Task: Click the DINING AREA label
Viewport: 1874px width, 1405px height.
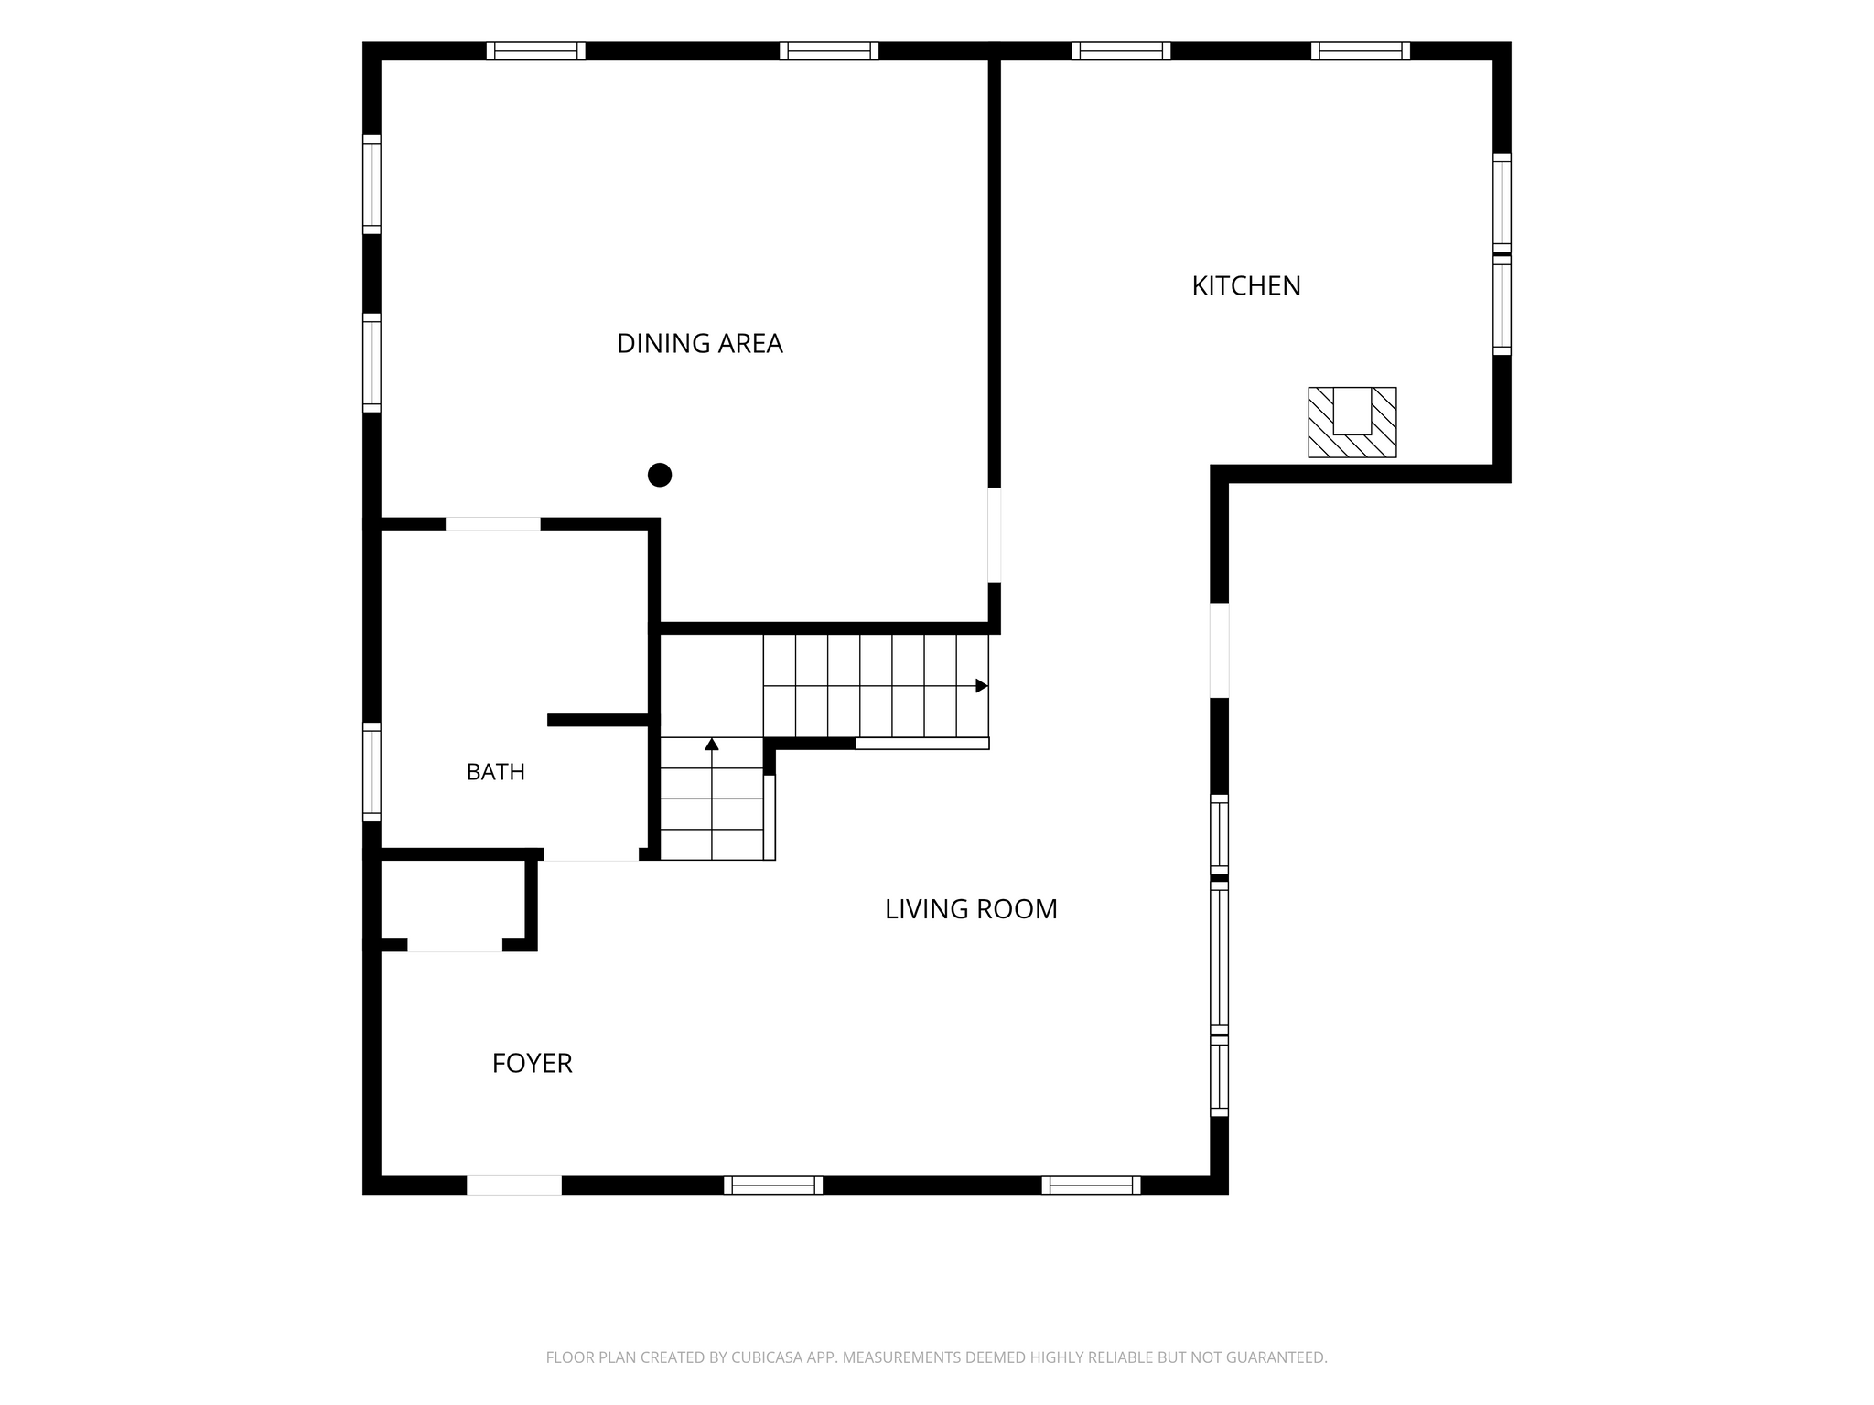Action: pyautogui.click(x=700, y=344)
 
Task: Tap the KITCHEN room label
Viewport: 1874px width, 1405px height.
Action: pyautogui.click(x=1246, y=286)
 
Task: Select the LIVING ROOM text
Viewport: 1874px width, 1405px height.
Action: pyautogui.click(x=971, y=909)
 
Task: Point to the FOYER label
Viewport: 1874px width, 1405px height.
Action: pyautogui.click(x=532, y=1064)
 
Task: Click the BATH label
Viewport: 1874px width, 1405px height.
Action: pyautogui.click(x=496, y=772)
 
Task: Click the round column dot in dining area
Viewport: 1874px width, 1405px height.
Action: pyautogui.click(x=660, y=476)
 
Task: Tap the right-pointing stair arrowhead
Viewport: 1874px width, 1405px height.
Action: pyautogui.click(x=982, y=686)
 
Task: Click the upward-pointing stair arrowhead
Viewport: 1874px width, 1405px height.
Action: pyautogui.click(x=712, y=745)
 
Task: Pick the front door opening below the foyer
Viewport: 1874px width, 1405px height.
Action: pyautogui.click(x=514, y=1185)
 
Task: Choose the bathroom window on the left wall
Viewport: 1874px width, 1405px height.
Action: pyautogui.click(x=372, y=772)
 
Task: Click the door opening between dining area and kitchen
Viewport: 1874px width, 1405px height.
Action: pyautogui.click(x=995, y=535)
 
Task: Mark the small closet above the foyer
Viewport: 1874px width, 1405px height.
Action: pyautogui.click(x=453, y=899)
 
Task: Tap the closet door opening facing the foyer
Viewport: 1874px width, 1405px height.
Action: pyautogui.click(x=455, y=945)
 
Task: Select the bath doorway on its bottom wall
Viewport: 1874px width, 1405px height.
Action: pyautogui.click(x=591, y=854)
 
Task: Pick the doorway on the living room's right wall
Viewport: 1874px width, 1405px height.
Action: pyautogui.click(x=1219, y=650)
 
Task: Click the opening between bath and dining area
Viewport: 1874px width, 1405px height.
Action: pyautogui.click(x=493, y=524)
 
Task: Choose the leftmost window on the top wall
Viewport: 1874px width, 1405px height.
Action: pyautogui.click(x=536, y=51)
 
